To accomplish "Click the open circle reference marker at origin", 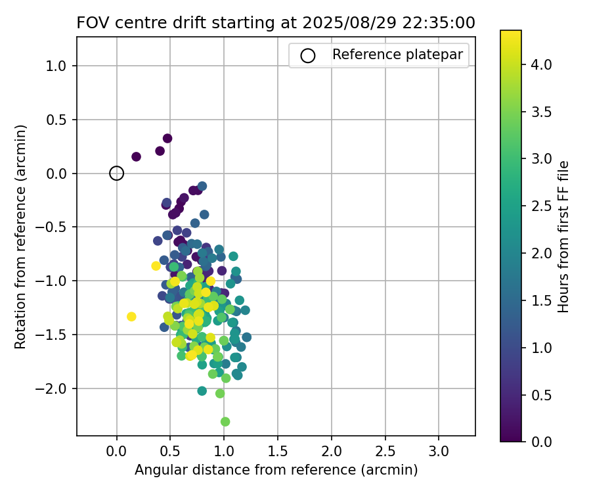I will pyautogui.click(x=116, y=174).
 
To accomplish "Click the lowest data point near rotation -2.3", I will pyautogui.click(x=225, y=421).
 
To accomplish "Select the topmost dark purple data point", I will pyautogui.click(x=167, y=139).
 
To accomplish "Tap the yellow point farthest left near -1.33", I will pyautogui.click(x=131, y=317).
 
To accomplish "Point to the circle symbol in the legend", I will pyautogui.click(x=308, y=56).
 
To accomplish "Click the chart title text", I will pyautogui.click(x=276, y=22).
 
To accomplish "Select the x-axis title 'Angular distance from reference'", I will pyautogui.click(x=276, y=470).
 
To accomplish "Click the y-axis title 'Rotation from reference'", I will pyautogui.click(x=21, y=237).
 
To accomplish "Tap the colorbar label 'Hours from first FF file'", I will pyautogui.click(x=563, y=237).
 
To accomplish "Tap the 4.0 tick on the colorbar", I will pyautogui.click(x=541, y=64).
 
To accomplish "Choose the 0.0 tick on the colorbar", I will pyautogui.click(x=541, y=441).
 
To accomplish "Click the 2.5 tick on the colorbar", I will pyautogui.click(x=541, y=206).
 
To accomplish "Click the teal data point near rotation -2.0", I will pyautogui.click(x=202, y=391).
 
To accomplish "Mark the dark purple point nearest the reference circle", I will pyautogui.click(x=136, y=156).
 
